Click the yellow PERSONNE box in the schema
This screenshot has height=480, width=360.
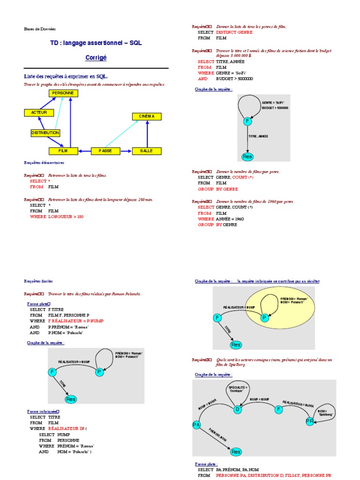[63, 93]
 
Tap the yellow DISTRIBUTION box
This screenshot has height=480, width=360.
[45, 133]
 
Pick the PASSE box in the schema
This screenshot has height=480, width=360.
[105, 151]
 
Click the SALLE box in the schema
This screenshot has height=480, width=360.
[147, 151]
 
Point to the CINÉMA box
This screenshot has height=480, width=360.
[147, 116]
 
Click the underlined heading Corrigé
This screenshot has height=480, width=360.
[96, 58]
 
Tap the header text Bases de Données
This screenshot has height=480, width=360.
[40, 29]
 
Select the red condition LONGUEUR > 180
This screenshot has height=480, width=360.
[66, 217]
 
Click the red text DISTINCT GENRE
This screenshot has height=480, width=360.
[234, 32]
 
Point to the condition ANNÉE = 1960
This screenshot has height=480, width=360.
[230, 219]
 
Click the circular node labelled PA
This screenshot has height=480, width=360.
[196, 425]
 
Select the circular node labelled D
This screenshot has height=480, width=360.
[237, 409]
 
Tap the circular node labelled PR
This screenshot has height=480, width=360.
[310, 421]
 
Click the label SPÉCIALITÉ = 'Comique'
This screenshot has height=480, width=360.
[238, 390]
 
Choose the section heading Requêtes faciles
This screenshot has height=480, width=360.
[38, 281]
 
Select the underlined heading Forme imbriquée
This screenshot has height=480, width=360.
[42, 411]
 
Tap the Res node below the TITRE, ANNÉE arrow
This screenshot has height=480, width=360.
[247, 157]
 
